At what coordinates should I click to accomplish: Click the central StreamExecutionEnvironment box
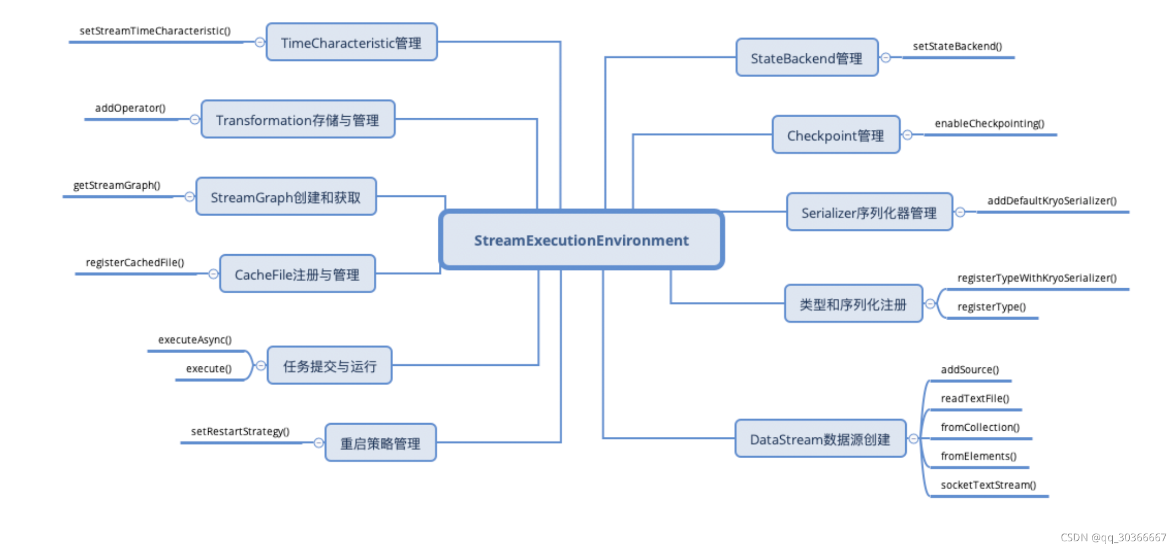click(581, 240)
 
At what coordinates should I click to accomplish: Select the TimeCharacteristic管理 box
click(351, 42)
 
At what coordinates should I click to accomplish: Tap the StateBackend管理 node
click(807, 58)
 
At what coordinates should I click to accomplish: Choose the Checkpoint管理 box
click(835, 135)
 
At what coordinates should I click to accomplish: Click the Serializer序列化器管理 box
click(869, 212)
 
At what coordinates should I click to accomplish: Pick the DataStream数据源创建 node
click(820, 439)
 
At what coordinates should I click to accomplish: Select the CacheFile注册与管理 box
click(297, 274)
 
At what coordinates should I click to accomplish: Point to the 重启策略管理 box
click(380, 443)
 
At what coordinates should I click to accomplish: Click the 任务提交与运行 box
click(329, 366)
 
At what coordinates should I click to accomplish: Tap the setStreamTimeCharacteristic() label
click(155, 31)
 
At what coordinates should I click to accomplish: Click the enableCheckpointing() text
click(989, 123)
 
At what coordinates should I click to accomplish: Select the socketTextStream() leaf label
click(988, 485)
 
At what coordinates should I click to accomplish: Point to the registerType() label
click(991, 306)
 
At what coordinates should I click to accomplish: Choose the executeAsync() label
click(195, 339)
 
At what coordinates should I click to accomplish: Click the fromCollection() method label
click(980, 427)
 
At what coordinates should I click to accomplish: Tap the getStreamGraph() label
click(117, 185)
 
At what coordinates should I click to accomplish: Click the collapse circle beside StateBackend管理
click(886, 58)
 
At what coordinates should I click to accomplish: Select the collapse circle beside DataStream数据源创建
click(913, 438)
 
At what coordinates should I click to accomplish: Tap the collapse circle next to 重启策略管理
click(318, 443)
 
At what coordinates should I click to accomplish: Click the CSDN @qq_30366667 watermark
click(1113, 537)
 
